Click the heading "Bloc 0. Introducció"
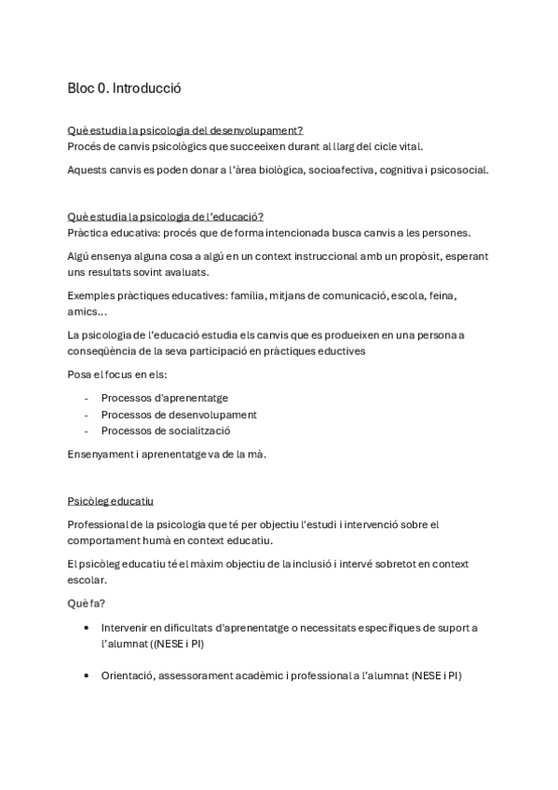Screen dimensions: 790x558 point(124,89)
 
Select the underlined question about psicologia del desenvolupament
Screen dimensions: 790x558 point(185,129)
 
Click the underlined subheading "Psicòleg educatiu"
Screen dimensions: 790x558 point(111,499)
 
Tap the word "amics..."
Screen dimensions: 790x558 point(87,312)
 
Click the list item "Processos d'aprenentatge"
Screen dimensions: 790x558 point(165,398)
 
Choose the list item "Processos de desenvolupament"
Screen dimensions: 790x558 point(179,415)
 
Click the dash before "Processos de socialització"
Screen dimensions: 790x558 point(86,431)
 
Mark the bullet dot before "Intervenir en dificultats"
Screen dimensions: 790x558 point(87,628)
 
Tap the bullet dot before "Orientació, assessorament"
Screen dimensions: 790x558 point(87,675)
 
